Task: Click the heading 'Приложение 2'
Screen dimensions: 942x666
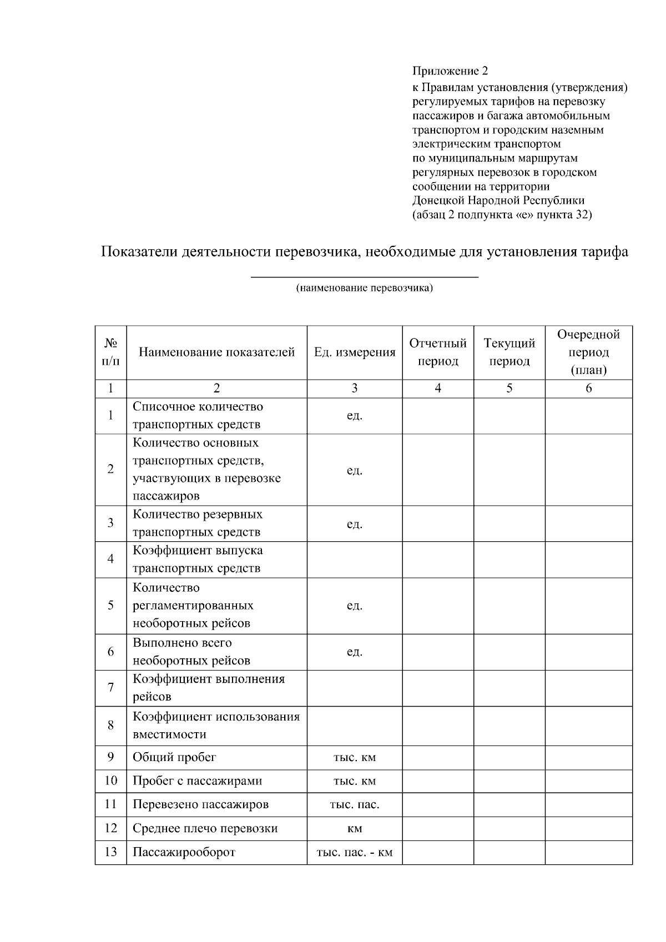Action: tap(450, 71)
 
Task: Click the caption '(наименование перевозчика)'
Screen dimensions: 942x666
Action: tap(364, 288)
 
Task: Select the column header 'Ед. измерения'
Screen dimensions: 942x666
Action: tap(355, 352)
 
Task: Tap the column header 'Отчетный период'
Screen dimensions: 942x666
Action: tap(438, 352)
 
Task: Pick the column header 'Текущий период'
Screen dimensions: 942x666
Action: tap(509, 352)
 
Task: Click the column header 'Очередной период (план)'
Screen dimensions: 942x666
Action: tap(588, 352)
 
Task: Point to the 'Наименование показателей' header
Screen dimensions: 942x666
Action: tap(216, 352)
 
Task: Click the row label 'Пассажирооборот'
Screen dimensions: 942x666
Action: tap(184, 852)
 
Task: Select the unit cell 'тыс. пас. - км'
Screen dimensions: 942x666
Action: tap(355, 852)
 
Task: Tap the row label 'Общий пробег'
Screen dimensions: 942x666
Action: tap(174, 757)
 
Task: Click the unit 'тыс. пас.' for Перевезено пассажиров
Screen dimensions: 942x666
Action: tap(355, 804)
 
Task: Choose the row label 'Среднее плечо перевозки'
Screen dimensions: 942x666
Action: tap(205, 828)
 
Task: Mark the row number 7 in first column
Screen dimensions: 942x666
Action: tap(111, 688)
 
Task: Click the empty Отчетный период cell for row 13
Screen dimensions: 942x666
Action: tap(438, 852)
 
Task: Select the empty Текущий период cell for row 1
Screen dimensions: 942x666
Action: tap(509, 415)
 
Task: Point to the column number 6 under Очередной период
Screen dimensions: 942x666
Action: tap(588, 389)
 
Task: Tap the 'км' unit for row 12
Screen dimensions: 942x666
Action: tap(355, 828)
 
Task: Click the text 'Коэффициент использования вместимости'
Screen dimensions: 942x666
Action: tap(216, 726)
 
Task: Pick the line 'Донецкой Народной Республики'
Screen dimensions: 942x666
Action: tap(498, 200)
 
